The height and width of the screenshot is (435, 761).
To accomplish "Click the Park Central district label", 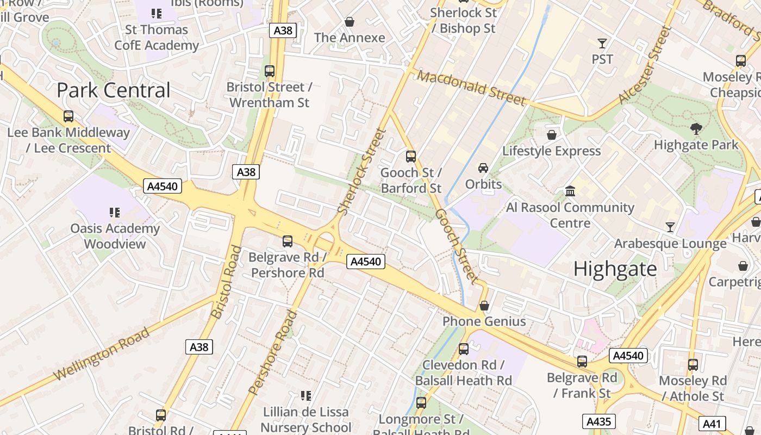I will tap(114, 90).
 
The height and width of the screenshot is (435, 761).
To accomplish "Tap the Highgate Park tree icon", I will tap(696, 129).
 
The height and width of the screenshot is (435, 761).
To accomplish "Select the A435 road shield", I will tap(600, 421).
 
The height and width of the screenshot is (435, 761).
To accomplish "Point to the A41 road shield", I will tap(712, 424).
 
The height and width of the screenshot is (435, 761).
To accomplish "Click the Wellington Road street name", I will tap(102, 354).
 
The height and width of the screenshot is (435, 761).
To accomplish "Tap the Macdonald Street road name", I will tap(472, 88).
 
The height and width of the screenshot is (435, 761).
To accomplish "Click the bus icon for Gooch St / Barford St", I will tap(411, 157).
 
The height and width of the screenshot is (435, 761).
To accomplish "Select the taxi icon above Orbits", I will tap(483, 168).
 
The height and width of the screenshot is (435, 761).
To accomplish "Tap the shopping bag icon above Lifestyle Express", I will tap(552, 134).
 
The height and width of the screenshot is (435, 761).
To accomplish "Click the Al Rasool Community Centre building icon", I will tap(570, 191).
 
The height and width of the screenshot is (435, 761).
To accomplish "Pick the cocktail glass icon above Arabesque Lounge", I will tap(670, 227).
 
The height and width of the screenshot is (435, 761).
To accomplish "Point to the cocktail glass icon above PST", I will tap(602, 43).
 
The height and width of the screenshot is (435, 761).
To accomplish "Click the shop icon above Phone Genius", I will tap(484, 306).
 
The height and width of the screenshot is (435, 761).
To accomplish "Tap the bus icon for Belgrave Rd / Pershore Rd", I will tap(288, 241).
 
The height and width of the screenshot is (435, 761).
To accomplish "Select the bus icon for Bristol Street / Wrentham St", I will tap(269, 71).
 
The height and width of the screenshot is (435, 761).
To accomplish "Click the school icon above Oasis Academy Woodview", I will tap(115, 212).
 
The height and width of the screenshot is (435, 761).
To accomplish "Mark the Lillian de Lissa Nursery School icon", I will tap(306, 396).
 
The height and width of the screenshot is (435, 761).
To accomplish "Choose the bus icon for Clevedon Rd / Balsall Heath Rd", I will tap(464, 349).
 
